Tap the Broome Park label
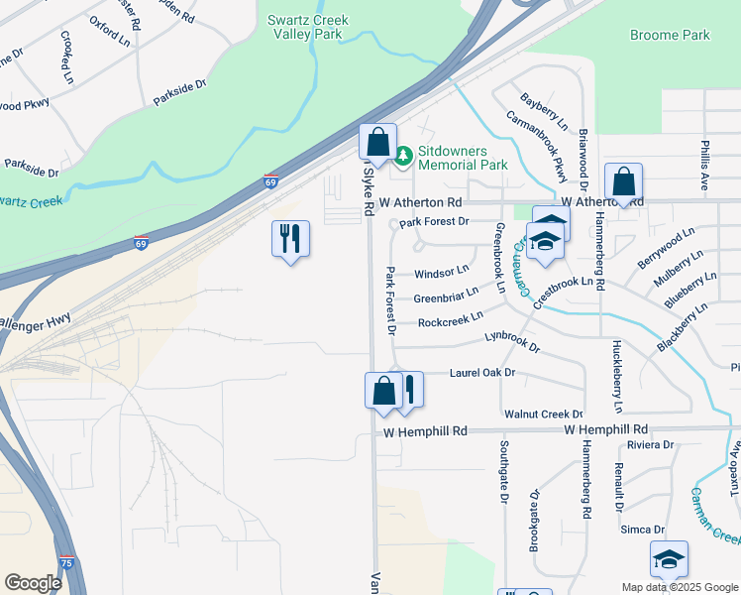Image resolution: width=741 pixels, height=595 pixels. point(670,35)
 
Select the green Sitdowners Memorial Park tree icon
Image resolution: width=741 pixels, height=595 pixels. point(403,156)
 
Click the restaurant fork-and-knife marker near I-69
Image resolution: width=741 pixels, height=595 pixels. point(290,238)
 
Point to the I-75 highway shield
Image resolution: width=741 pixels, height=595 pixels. point(65,561)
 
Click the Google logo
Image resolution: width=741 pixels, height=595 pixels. point(33,582)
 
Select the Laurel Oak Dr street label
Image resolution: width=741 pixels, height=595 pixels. point(482,373)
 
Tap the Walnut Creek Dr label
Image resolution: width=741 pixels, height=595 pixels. point(543,414)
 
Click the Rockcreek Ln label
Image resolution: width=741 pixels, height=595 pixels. point(450,318)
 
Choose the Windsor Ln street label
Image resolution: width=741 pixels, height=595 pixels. point(441,271)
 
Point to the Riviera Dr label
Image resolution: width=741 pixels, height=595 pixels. point(650,445)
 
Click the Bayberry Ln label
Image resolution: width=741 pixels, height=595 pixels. point(544,113)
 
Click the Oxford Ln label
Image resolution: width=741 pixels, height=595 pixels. point(109,31)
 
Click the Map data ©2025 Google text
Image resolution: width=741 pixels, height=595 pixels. point(679,587)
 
